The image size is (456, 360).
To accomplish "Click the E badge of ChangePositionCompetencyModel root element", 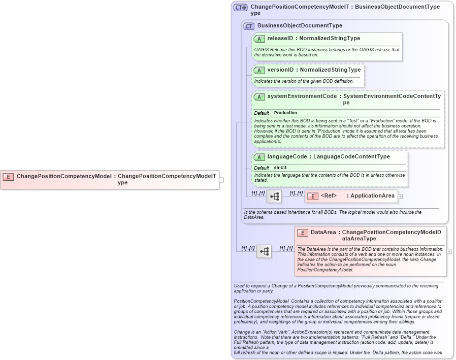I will coord(8,177).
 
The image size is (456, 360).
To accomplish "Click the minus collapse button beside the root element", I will coord(221,179).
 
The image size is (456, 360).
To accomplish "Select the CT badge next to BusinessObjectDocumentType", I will coord(249,26).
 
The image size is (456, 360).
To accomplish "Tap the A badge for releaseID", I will coord(259,39).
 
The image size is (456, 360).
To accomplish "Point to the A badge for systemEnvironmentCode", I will coord(259,96).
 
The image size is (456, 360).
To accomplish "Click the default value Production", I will coord(285,113).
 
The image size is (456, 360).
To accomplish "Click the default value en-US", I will coord(280,168).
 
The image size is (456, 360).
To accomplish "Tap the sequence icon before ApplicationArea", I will coord(274,196).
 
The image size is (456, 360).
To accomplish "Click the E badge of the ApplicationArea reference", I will coord(313,196).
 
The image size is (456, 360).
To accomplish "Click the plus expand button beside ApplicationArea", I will coord(400,196).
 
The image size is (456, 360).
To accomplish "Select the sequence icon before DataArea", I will coord(264,251).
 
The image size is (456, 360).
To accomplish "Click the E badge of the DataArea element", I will coord(303,233).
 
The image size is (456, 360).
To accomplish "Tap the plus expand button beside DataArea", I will coord(449,251).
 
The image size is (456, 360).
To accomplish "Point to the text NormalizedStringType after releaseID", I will coord(330,39).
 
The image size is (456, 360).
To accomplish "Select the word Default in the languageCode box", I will coord(262,168).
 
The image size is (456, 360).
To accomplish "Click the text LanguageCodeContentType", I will coord(351,156).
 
